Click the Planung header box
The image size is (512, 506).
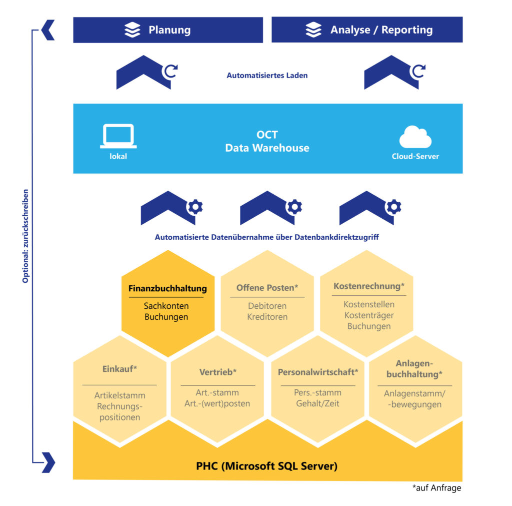(168, 30)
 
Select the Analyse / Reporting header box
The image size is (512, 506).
(366, 30)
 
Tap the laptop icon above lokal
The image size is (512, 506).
(118, 136)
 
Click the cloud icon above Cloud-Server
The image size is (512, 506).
(415, 137)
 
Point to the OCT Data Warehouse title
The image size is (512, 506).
(267, 142)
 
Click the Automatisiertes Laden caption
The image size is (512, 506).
(267, 76)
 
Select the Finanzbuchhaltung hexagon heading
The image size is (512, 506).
(167, 289)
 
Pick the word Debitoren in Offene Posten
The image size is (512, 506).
(267, 306)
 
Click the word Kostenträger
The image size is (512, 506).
(369, 315)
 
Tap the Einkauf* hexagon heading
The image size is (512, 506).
(119, 369)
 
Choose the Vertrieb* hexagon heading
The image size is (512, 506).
(218, 372)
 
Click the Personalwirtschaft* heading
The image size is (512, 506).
(318, 372)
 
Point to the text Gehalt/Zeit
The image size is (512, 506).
(317, 403)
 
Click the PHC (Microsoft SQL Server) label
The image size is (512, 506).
(267, 466)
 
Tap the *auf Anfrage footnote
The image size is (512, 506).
(436, 488)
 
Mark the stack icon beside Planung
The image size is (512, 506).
(132, 30)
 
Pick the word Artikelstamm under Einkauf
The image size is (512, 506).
(119, 395)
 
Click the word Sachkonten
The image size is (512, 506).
(166, 306)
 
